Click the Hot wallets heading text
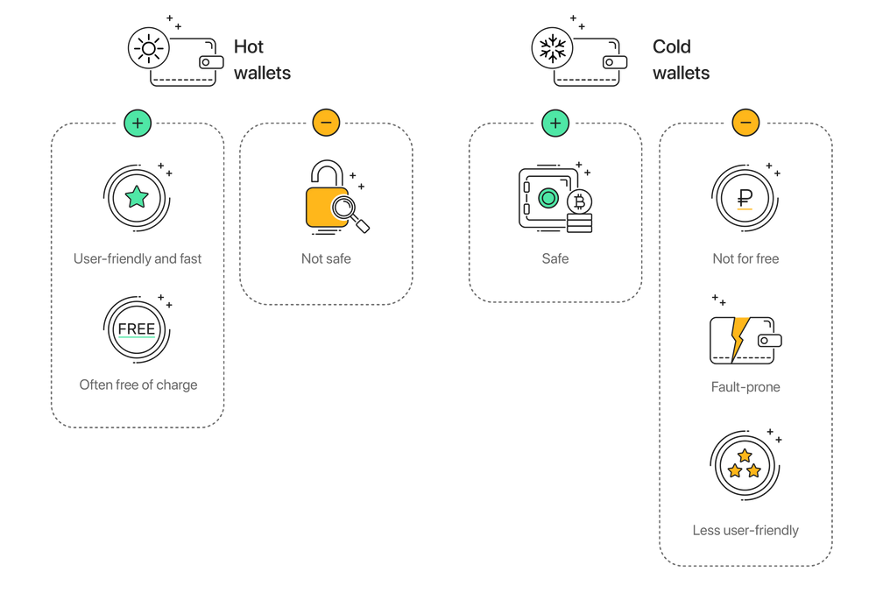pos(261,60)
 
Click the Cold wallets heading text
pos(681,60)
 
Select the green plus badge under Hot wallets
pos(138,123)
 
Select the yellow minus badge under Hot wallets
pos(326,123)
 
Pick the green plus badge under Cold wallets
pos(555,123)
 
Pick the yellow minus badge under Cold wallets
pos(745,123)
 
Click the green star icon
pos(137,196)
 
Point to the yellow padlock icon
pos(324,200)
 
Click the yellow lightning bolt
pos(740,336)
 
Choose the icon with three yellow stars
pos(744,464)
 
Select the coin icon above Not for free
pos(745,196)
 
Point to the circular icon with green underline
pos(137,329)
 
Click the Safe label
pos(555,259)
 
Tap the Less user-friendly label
pos(745,531)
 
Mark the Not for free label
pos(745,259)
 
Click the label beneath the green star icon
pos(138,259)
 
